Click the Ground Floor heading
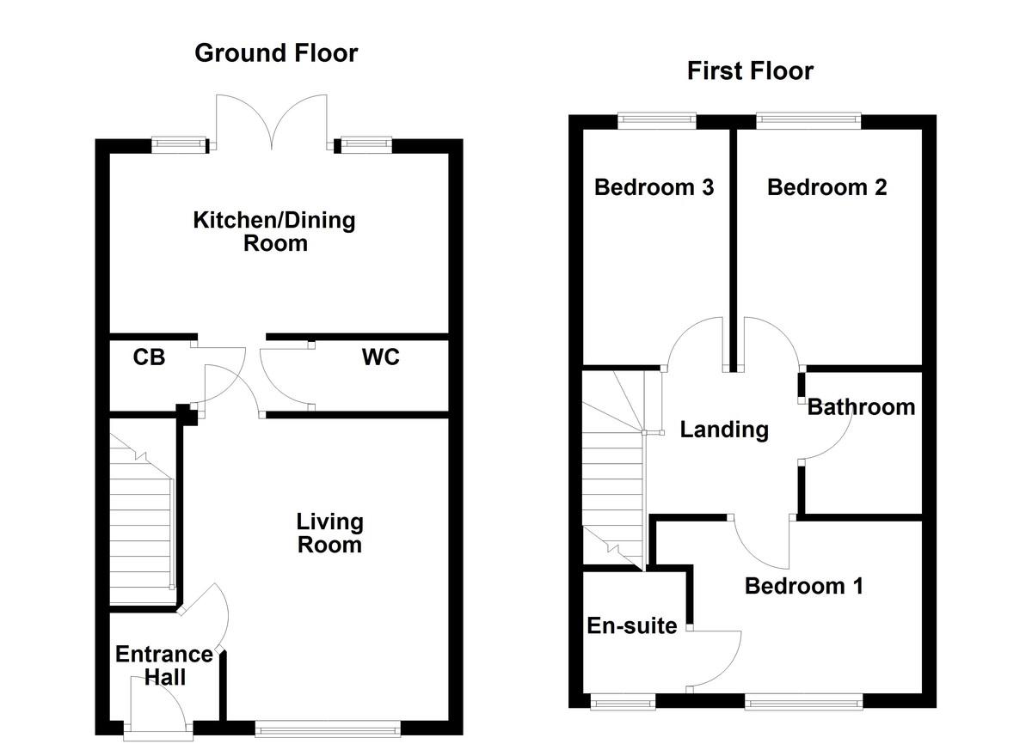click(x=276, y=53)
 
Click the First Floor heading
click(x=750, y=71)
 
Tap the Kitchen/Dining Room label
click(x=274, y=231)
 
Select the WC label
click(x=380, y=357)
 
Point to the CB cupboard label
click(x=149, y=357)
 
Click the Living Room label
click(x=329, y=533)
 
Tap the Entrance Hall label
click(x=164, y=666)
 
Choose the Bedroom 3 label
click(x=654, y=187)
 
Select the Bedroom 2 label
click(x=826, y=187)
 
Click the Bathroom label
click(x=861, y=407)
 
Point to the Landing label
click(x=724, y=430)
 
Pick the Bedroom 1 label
click(x=803, y=586)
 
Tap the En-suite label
click(x=632, y=625)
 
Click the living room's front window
click(x=328, y=729)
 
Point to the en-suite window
click(x=623, y=702)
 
